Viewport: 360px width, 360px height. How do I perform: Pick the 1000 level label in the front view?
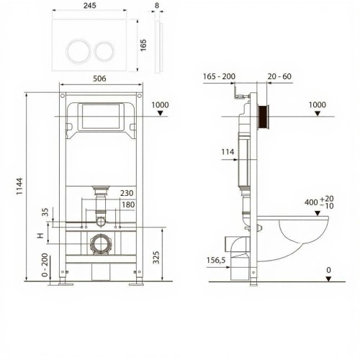162,105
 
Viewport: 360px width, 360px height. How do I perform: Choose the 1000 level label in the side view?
317,105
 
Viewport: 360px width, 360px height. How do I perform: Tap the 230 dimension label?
127,193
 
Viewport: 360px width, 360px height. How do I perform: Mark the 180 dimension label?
127,204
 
